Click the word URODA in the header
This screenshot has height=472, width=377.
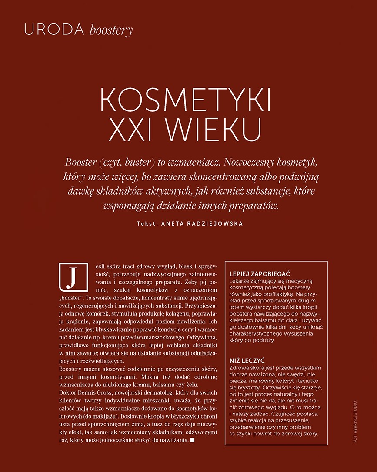click(54, 30)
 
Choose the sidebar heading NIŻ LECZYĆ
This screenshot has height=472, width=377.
click(247, 361)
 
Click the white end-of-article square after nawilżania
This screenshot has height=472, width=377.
click(193, 441)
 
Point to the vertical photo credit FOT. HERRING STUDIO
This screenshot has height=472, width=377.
click(355, 422)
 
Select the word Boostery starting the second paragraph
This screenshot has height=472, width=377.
click(72, 369)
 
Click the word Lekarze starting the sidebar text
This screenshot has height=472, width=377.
click(240, 281)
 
